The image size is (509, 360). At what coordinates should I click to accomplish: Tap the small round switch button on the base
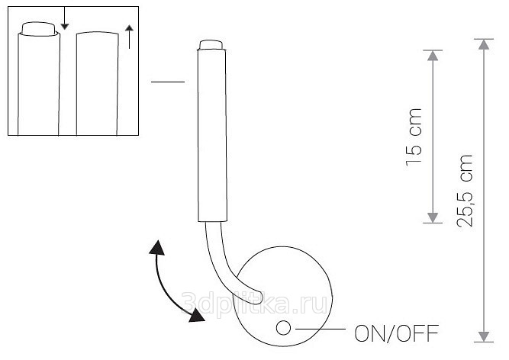[x=283, y=329]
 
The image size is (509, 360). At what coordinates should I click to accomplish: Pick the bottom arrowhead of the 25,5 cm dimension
[x=482, y=335]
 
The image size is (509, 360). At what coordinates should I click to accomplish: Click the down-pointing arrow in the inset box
[x=65, y=24]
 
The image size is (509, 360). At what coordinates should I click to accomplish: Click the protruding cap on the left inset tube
[x=40, y=29]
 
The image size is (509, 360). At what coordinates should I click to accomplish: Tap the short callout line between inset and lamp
[x=168, y=82]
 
